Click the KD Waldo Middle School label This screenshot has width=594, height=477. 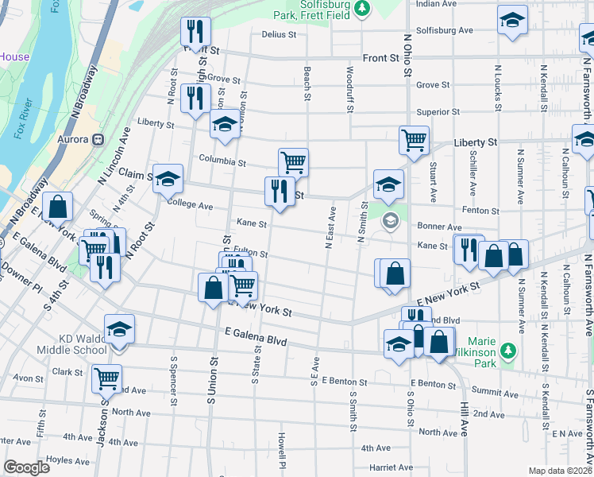tap(71, 344)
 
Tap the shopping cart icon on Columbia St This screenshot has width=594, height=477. tap(293, 161)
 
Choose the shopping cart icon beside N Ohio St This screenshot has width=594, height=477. tap(414, 140)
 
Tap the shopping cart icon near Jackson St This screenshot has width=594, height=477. tap(106, 378)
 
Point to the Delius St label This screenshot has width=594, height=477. tap(279, 35)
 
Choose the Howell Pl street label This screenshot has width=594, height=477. tap(281, 450)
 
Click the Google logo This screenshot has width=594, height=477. tap(26, 467)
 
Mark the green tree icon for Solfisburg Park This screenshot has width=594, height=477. tap(362, 8)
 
